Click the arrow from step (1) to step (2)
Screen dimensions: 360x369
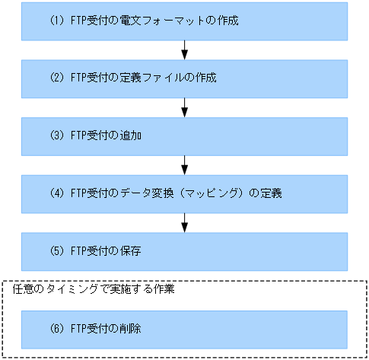185,49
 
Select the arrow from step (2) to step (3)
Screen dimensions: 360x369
185,107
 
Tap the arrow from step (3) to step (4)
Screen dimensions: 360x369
185,165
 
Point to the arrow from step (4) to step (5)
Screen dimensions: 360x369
185,222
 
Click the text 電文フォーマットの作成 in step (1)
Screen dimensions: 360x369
180,21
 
